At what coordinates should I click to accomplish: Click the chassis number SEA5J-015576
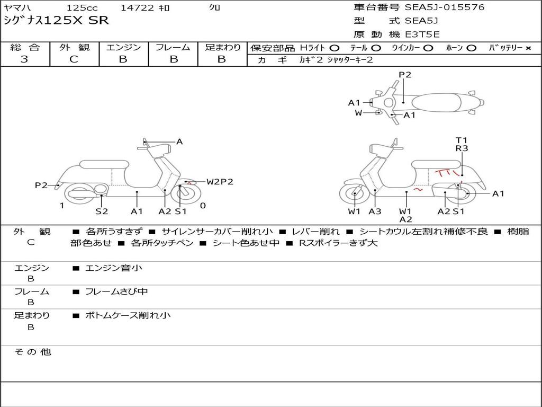tap(445, 7)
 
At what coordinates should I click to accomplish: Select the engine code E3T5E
tap(422, 35)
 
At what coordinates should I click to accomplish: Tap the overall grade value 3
tap(24, 59)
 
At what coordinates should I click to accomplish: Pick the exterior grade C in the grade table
tap(74, 59)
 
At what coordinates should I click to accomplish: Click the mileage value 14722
tap(137, 8)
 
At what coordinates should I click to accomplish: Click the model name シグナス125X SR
tap(56, 21)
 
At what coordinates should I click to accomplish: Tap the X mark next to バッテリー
tap(528, 48)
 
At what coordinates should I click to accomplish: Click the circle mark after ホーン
tap(471, 48)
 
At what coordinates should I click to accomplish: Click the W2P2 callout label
tap(220, 182)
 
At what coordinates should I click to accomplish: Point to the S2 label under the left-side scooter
tap(102, 211)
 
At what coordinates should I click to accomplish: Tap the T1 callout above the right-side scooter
tap(462, 140)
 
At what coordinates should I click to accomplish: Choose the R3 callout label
tap(462, 148)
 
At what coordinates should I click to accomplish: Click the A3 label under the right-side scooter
tap(375, 211)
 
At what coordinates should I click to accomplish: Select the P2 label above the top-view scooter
tap(405, 75)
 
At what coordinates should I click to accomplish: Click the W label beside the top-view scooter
tap(358, 113)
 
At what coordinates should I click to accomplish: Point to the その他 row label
tap(32, 352)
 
